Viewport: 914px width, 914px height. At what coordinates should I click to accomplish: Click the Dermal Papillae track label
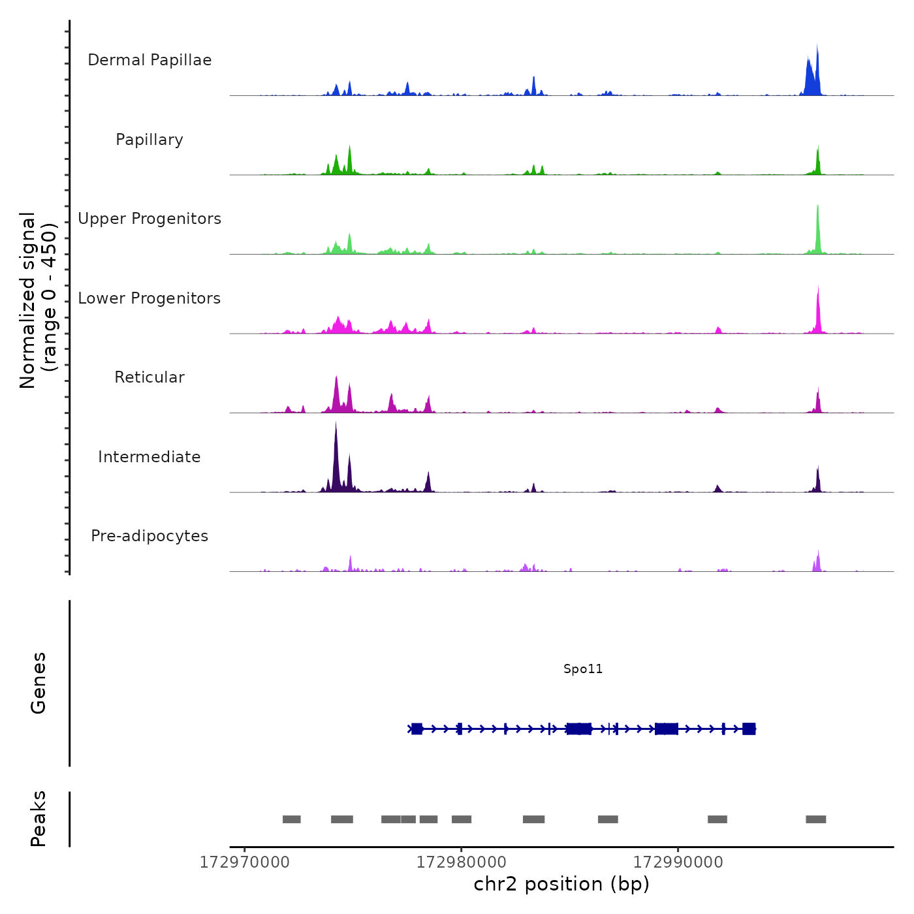pos(150,60)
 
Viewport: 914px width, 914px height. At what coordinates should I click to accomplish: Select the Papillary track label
pos(150,140)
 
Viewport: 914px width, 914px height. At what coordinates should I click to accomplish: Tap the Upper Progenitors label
pos(150,219)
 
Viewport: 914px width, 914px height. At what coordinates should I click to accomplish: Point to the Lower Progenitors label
pos(150,298)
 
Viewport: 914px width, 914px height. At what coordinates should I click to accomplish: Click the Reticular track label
pos(150,377)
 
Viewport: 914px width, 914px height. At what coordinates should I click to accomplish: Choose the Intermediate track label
pos(150,457)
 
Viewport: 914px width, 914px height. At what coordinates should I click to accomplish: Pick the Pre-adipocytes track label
pos(150,536)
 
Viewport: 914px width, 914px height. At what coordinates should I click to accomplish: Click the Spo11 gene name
pos(583,669)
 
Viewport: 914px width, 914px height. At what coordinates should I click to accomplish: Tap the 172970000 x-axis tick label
pos(244,862)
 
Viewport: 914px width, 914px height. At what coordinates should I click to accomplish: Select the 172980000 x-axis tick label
pos(461,862)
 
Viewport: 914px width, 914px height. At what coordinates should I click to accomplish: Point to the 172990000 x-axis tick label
pos(678,862)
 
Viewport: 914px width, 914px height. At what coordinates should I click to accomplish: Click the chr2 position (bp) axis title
pos(561,884)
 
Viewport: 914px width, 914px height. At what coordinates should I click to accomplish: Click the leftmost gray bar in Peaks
pos(291,819)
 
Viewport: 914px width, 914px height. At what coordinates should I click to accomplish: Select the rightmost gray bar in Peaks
pos(815,819)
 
